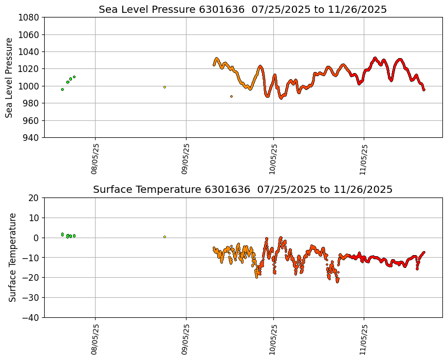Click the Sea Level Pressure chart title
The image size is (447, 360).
(243, 9)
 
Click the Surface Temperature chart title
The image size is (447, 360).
(243, 190)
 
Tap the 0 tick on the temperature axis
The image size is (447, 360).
(36, 238)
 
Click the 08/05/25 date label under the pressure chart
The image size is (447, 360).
(95, 159)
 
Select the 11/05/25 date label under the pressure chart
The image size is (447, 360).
(364, 159)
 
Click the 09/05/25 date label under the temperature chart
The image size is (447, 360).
(185, 339)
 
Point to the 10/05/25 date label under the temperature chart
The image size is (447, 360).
(273, 339)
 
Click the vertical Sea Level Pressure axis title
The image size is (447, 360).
(9, 77)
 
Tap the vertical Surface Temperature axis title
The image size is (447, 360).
(12, 257)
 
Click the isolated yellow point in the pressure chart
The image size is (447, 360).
(164, 87)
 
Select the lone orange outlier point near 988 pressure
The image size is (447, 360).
(231, 96)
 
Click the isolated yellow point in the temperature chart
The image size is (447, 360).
(164, 237)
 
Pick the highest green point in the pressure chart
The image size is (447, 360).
(74, 77)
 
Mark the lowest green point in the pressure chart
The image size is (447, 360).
(62, 89)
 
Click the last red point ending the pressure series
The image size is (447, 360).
(424, 89)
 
